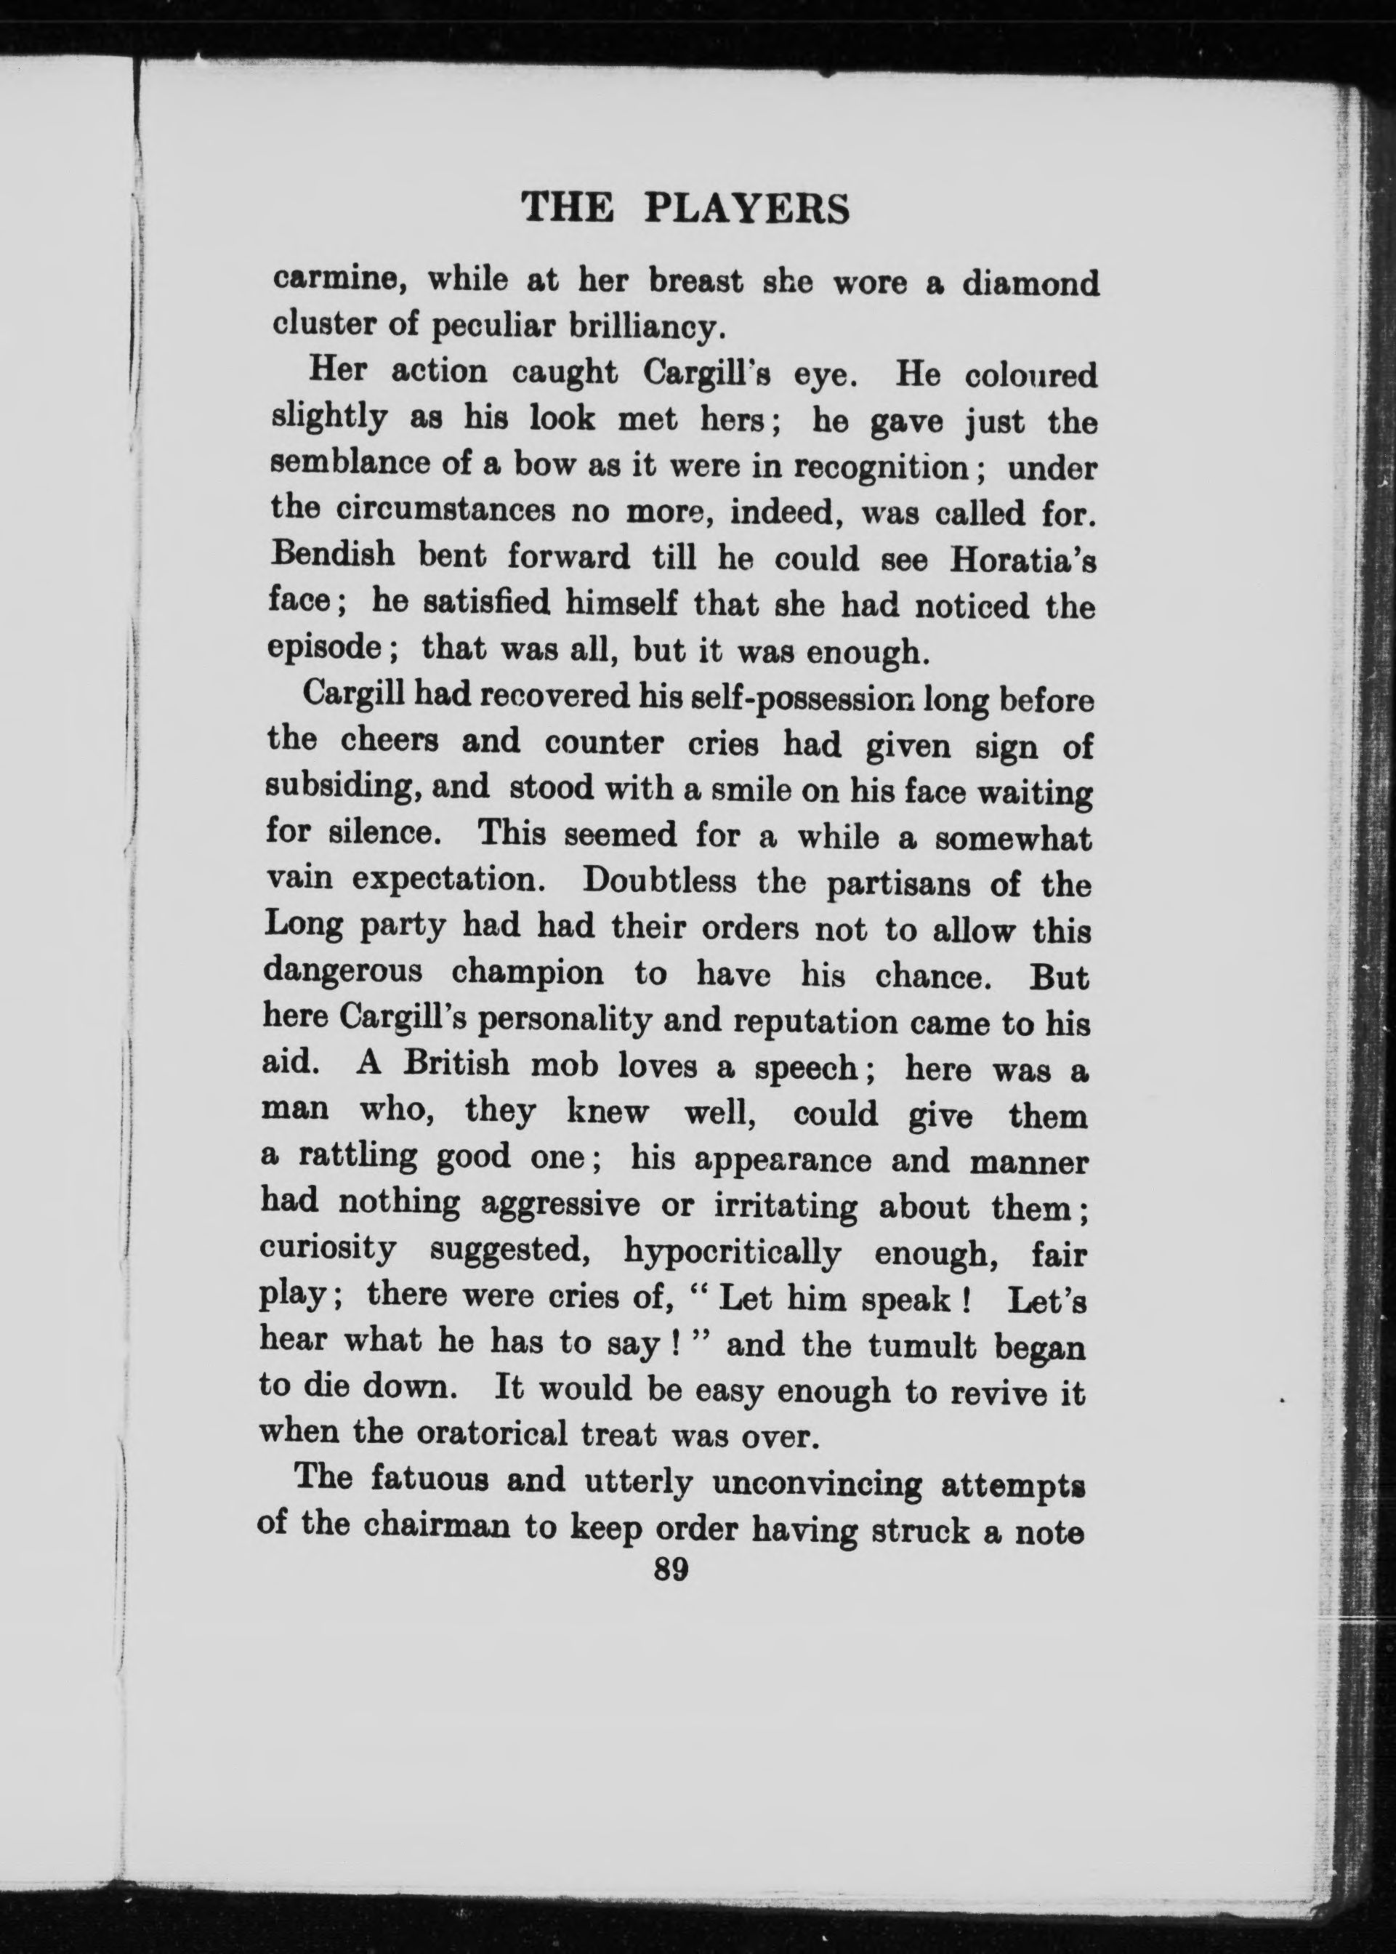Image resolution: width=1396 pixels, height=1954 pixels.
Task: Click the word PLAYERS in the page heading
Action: click(x=747, y=209)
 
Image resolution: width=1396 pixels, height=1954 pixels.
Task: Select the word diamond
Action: click(x=1030, y=283)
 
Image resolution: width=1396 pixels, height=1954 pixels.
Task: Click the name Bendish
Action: click(x=333, y=555)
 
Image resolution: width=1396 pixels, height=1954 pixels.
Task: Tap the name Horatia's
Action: click(x=1022, y=560)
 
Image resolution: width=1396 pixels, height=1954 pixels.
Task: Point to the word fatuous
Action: click(x=426, y=1479)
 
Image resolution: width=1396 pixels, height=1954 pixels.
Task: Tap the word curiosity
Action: click(x=328, y=1248)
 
